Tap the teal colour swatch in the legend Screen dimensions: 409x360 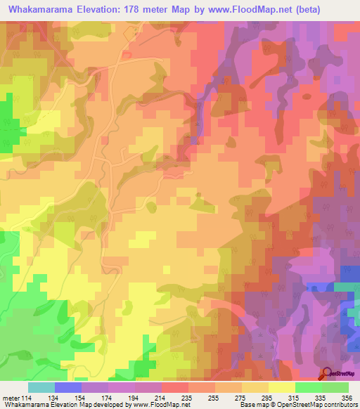41,387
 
